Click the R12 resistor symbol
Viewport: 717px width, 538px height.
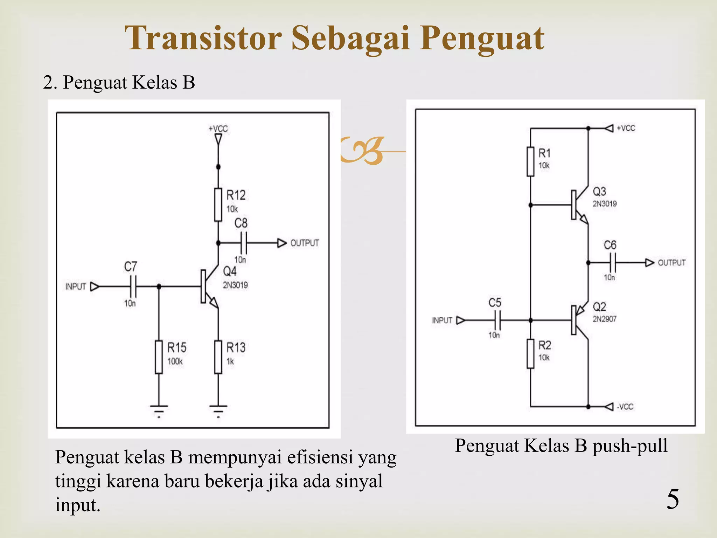[x=218, y=205]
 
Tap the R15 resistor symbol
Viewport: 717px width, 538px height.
[x=159, y=357]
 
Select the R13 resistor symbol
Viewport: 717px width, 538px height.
[x=218, y=357]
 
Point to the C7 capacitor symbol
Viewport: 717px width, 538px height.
[x=133, y=287]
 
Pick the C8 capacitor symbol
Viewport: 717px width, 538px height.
[x=244, y=243]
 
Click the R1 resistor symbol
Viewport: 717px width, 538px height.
[x=530, y=161]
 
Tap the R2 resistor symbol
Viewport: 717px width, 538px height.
[x=530, y=354]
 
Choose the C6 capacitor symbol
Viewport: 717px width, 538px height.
[x=612, y=262]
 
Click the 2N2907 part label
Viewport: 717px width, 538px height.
[x=605, y=319]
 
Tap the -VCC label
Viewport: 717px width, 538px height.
[x=625, y=407]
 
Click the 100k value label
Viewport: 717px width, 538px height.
[x=175, y=361]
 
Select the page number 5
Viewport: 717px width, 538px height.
[x=673, y=499]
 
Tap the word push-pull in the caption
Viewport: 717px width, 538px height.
[x=630, y=446]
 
